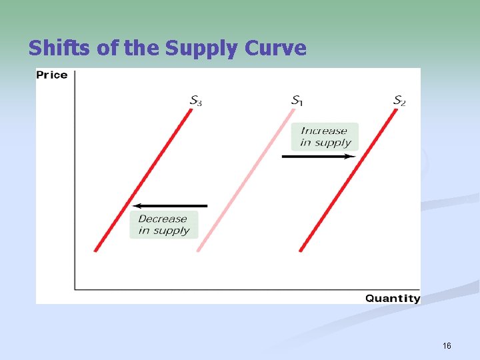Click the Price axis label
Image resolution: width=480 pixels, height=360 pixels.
click(x=52, y=75)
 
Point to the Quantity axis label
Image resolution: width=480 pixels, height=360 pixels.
click(x=393, y=299)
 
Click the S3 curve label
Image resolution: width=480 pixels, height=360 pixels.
click(x=196, y=101)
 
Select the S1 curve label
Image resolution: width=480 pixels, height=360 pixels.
click(x=297, y=101)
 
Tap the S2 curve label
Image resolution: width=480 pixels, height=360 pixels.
click(x=399, y=101)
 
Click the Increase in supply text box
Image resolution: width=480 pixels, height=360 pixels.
click(x=325, y=137)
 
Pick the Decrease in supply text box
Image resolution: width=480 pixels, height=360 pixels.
click(x=163, y=225)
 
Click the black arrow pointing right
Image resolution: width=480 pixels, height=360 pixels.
click(x=319, y=156)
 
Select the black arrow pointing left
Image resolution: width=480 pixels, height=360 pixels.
click(x=170, y=206)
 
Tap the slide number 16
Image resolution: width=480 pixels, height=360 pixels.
click(x=447, y=346)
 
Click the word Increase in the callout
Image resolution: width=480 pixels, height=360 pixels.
click(x=324, y=131)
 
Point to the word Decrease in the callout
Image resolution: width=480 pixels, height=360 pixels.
click(x=163, y=219)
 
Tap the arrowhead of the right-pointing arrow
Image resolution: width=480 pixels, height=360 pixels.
click(x=351, y=156)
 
